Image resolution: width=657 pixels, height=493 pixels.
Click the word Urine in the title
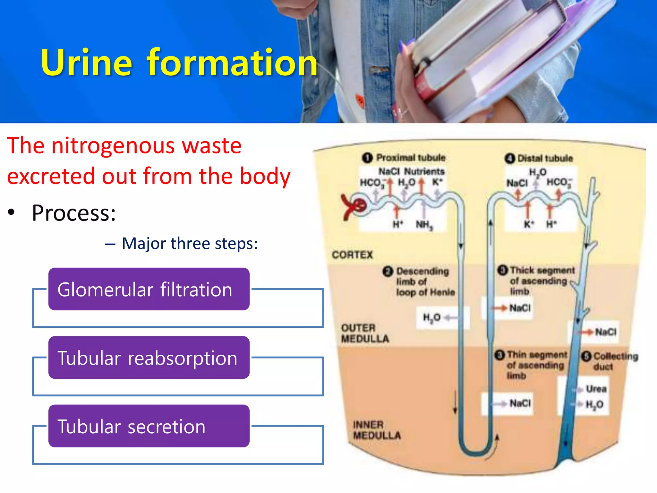(x=87, y=63)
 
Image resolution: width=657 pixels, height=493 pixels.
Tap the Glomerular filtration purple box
(x=149, y=289)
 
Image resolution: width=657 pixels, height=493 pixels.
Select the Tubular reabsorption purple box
(x=149, y=358)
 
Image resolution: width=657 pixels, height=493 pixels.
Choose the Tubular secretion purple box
(x=149, y=426)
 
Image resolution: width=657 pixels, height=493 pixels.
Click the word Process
(x=74, y=213)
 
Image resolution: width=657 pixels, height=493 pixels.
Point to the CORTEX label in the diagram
(x=352, y=255)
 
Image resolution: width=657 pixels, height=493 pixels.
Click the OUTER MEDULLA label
(x=365, y=333)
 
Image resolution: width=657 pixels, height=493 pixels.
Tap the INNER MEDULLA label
(x=377, y=430)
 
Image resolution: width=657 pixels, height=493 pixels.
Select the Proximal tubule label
(x=411, y=158)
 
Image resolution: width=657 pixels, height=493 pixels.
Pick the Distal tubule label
(x=545, y=159)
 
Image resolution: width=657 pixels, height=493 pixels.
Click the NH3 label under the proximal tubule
(x=424, y=225)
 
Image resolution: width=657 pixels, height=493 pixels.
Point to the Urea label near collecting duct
(x=596, y=389)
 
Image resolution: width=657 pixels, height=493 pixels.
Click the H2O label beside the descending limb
(x=432, y=318)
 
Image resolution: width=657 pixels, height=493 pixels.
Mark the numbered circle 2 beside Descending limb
(x=388, y=272)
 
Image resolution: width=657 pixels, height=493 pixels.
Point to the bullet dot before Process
(x=12, y=212)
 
